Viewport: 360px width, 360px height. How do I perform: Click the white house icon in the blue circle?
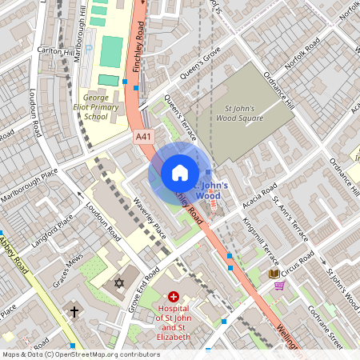[180, 173]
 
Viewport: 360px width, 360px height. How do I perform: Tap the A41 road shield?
[143, 138]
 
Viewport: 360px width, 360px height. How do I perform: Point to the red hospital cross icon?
[174, 296]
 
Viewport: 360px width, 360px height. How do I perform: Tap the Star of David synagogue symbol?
[120, 284]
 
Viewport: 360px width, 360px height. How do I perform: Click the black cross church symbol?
[74, 311]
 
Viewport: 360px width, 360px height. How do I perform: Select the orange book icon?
[274, 273]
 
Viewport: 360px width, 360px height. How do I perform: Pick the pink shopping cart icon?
[279, 286]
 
